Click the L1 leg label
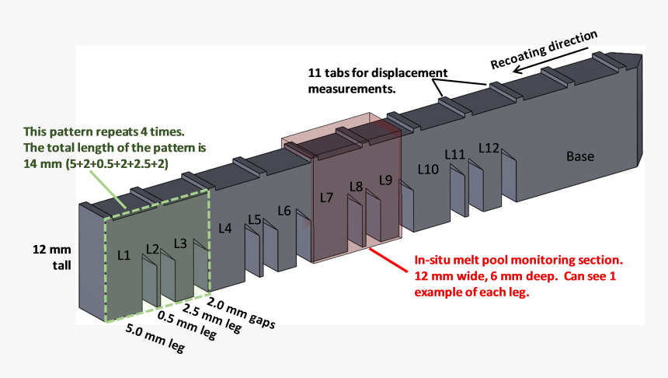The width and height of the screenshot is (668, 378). [x=124, y=255]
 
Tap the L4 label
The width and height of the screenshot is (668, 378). [x=225, y=228]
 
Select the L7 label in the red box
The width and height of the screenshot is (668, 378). [x=326, y=198]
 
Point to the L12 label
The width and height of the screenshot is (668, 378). [x=489, y=148]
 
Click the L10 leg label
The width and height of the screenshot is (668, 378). [x=428, y=170]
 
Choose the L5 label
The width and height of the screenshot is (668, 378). [x=254, y=219]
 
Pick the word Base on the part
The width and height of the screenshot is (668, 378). [x=579, y=156]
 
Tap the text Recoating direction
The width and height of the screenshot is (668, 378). [x=544, y=50]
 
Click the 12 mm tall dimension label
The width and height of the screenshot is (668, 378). [x=52, y=257]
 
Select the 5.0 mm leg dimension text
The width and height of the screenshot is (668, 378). [x=155, y=338]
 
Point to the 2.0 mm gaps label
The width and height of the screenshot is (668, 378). [x=241, y=313]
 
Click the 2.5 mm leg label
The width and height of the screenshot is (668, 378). [x=212, y=318]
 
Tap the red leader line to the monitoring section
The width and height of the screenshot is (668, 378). [x=388, y=260]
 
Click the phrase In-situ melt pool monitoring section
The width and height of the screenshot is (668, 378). [x=518, y=260]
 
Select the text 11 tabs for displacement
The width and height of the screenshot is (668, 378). [x=377, y=73]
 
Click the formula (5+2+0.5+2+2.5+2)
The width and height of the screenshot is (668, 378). [x=117, y=164]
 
